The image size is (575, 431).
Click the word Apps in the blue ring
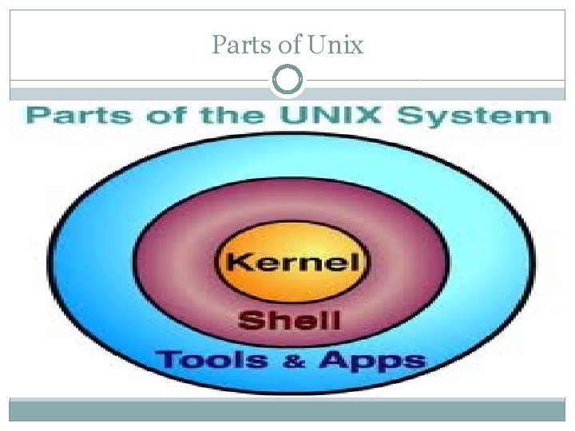(x=371, y=361)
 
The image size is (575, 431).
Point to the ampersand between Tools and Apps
(x=295, y=361)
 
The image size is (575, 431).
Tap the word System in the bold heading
(x=474, y=117)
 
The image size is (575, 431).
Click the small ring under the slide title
(x=287, y=80)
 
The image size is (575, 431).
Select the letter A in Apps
(x=334, y=359)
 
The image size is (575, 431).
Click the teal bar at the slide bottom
(x=287, y=410)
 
